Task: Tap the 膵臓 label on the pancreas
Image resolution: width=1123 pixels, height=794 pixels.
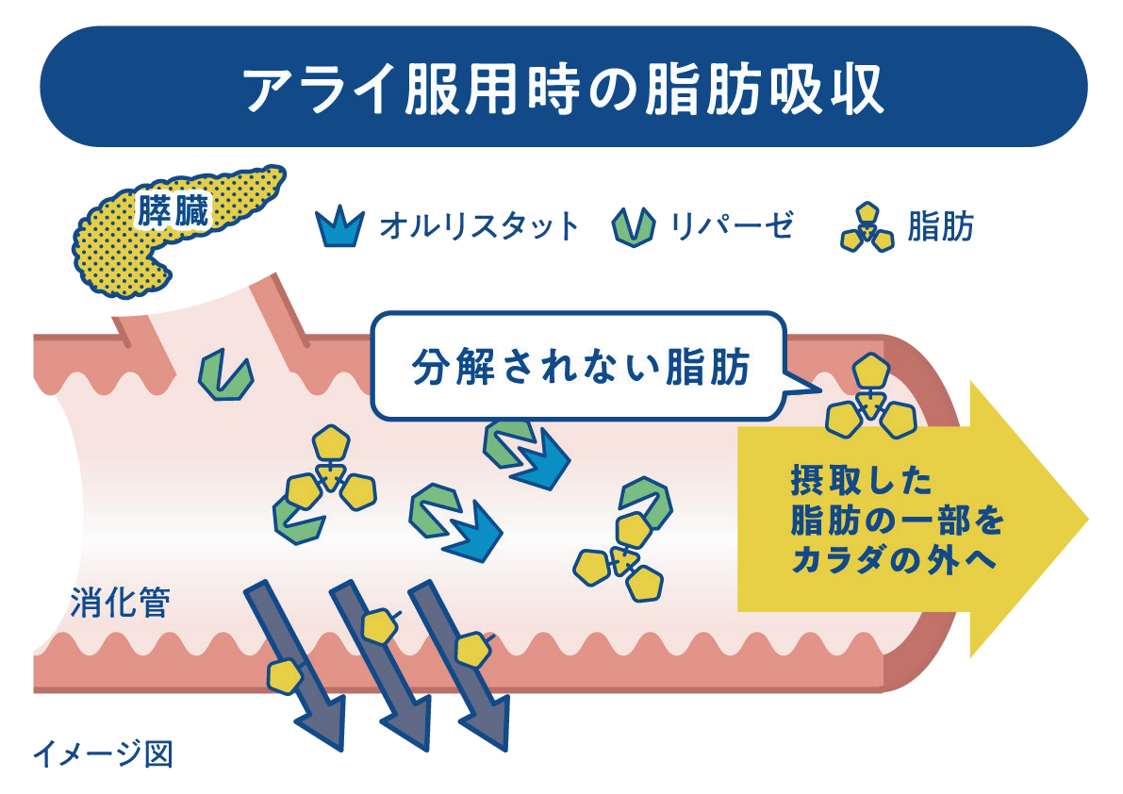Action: (x=173, y=211)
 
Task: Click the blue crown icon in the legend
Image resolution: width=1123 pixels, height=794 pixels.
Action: (x=339, y=226)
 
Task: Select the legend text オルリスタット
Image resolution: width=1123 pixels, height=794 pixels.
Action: (x=479, y=226)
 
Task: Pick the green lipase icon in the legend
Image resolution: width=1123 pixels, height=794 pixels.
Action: (x=633, y=227)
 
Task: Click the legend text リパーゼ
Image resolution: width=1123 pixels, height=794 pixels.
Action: (x=732, y=226)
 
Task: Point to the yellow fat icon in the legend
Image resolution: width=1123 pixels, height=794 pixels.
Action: (x=867, y=227)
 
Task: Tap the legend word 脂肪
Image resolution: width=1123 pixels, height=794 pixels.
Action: (x=940, y=227)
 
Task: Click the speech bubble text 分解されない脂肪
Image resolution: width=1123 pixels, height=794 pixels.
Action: (x=581, y=367)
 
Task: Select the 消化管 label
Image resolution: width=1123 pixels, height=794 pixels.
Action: (x=121, y=603)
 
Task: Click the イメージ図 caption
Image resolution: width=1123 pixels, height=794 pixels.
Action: (x=103, y=753)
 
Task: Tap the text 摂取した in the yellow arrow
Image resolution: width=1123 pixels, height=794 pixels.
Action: (x=861, y=480)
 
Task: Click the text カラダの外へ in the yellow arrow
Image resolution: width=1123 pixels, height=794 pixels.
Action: (x=894, y=559)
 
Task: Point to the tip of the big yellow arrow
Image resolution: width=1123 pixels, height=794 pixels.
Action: (x=1087, y=519)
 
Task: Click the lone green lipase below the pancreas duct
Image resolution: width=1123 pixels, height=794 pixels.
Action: (x=225, y=374)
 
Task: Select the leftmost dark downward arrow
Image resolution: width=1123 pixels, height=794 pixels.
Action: (x=295, y=665)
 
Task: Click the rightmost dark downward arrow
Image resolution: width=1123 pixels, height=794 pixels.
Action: (x=458, y=665)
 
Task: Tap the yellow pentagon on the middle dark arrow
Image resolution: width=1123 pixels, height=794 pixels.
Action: (x=380, y=626)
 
